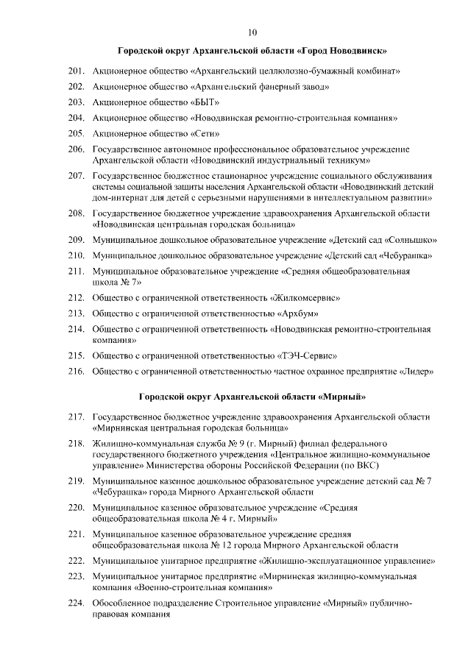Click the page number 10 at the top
tap(252, 32)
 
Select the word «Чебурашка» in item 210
tap(406, 255)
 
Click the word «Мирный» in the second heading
tap(344, 397)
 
